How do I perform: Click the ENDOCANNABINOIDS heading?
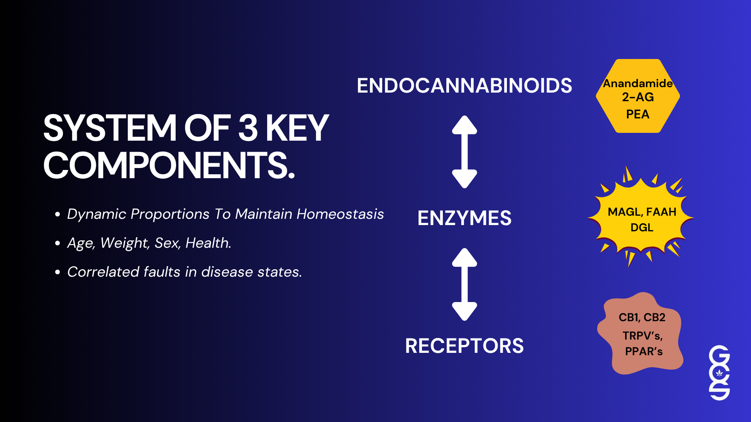tap(464, 86)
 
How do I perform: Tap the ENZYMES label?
tap(464, 218)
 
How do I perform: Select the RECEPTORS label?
tap(464, 346)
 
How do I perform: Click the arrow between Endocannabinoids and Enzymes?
tap(465, 152)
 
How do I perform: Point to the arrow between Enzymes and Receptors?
tap(465, 284)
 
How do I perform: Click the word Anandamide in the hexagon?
tap(638, 83)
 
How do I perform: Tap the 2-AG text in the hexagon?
tap(638, 97)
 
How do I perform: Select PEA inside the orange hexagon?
tap(638, 114)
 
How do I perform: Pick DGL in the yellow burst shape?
tap(642, 227)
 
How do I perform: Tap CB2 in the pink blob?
tap(655, 317)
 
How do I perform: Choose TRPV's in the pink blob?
tap(643, 336)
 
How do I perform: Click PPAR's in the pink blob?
tap(644, 351)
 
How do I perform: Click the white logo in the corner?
tap(719, 373)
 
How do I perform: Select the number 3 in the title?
tap(248, 128)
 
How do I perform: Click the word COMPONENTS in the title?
tap(169, 165)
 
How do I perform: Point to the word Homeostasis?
tap(340, 214)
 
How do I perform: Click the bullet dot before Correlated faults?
tap(57, 272)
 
